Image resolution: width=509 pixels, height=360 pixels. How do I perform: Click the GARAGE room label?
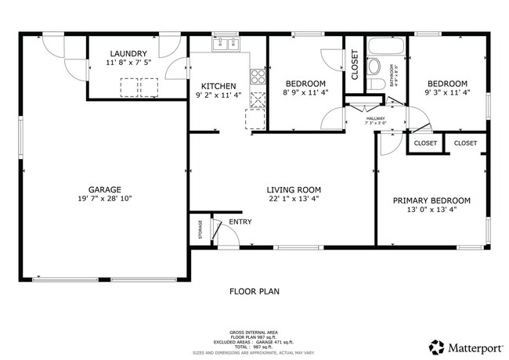104,189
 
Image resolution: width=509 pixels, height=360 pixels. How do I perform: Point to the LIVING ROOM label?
294,189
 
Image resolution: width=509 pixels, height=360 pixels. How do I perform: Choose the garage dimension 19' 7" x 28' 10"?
104,200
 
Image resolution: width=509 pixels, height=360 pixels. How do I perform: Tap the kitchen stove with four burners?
256,76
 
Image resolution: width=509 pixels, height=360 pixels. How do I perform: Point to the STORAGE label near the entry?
200,231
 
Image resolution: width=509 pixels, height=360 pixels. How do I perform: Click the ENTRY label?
240,222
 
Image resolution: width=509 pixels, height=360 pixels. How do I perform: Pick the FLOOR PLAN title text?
254,291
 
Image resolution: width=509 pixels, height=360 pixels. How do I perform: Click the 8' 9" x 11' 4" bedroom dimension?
305,94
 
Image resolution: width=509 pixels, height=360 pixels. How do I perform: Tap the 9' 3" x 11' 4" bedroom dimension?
446,94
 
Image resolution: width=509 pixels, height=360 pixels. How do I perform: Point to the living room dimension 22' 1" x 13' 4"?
294,200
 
